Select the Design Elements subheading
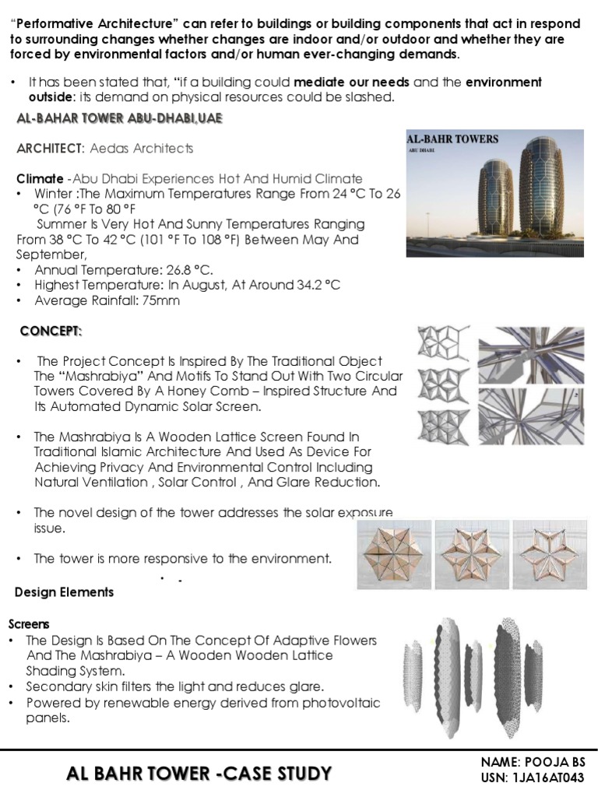[64, 592]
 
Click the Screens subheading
[29, 624]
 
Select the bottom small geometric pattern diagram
[443, 426]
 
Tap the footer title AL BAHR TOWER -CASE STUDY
[199, 774]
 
